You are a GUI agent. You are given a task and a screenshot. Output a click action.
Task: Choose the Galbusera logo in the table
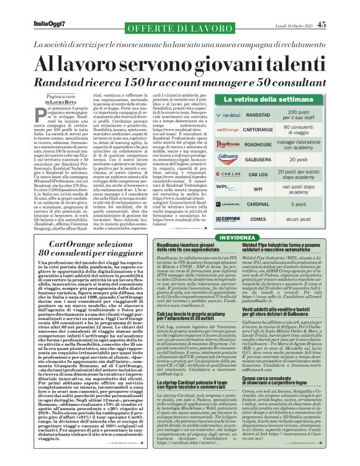[227, 159]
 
